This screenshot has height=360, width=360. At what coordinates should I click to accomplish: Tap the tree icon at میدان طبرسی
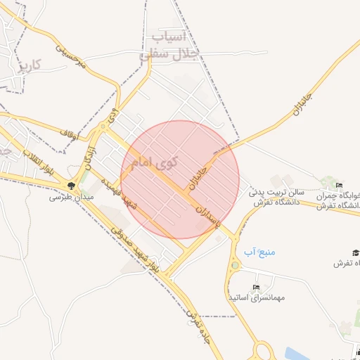click(x=72, y=186)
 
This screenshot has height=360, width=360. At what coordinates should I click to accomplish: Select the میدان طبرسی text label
click(x=65, y=198)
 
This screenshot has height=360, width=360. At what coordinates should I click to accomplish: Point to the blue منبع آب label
click(x=258, y=251)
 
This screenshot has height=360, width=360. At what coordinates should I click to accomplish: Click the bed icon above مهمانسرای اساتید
click(x=256, y=288)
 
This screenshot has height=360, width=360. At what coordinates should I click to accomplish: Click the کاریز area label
click(x=30, y=65)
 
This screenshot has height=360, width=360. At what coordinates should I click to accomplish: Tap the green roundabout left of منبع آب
click(x=235, y=266)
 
